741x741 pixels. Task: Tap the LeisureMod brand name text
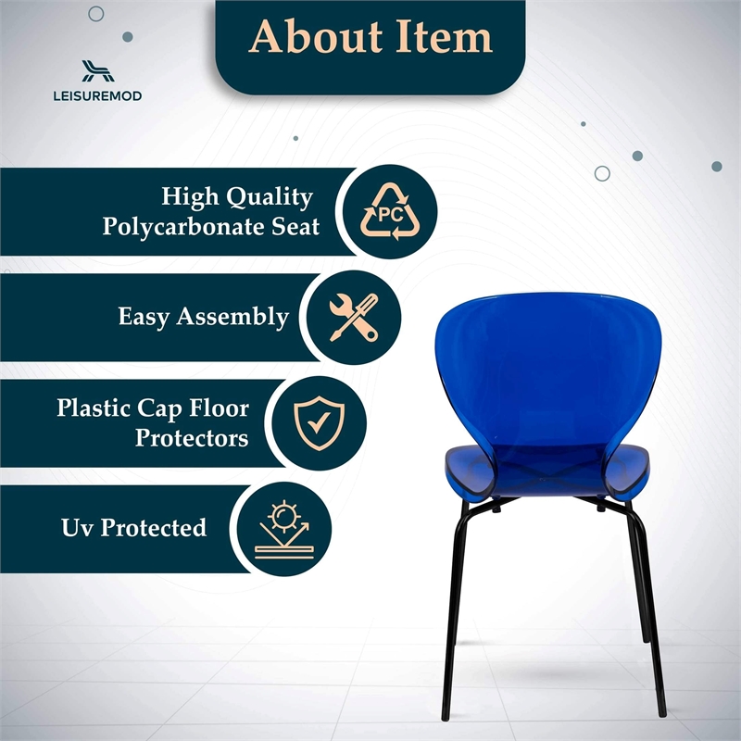98,95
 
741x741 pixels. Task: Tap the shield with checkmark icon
319,421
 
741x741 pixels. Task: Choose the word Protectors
192,437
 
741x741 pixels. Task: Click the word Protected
153,528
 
